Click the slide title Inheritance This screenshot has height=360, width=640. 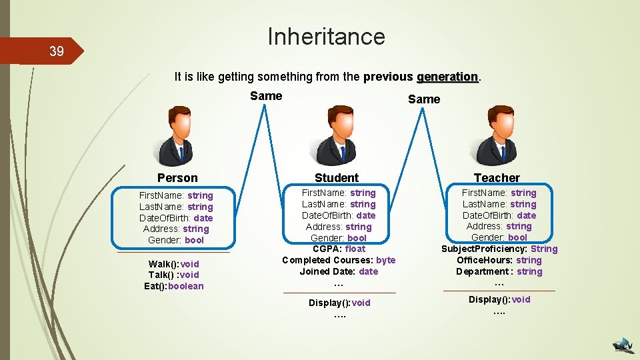(326, 36)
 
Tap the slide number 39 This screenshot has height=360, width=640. (56, 51)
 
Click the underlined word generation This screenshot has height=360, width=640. (448, 77)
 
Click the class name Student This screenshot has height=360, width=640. (337, 177)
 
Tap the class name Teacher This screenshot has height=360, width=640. (497, 177)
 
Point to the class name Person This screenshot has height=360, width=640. (177, 177)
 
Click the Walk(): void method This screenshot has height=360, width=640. (173, 264)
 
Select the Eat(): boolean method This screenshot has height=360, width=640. (173, 287)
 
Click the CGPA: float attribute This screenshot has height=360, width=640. (339, 249)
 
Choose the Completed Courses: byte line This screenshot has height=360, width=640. (339, 260)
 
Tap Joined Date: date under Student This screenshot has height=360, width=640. (339, 271)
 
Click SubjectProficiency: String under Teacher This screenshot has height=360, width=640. (499, 249)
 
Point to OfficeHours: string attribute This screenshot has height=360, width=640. (499, 260)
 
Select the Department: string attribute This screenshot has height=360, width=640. (499, 271)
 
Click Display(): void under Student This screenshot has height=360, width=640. (339, 303)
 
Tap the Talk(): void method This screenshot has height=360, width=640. (173, 275)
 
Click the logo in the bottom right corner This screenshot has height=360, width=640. (623, 344)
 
